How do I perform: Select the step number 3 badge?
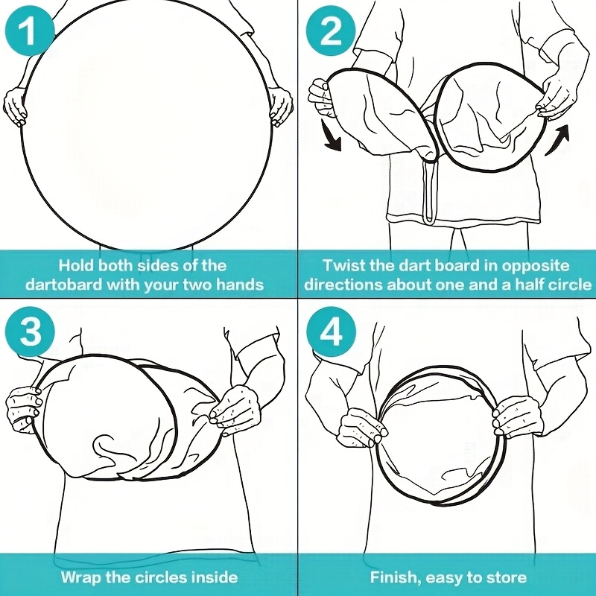(x=31, y=331)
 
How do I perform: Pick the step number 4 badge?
(x=332, y=331)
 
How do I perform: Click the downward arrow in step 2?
(x=331, y=136)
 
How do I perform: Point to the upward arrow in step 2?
(x=558, y=139)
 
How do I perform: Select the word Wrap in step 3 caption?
(x=81, y=577)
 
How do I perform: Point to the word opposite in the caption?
(x=536, y=266)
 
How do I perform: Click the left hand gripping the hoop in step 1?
(x=15, y=107)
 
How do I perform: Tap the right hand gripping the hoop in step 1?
(x=282, y=107)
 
